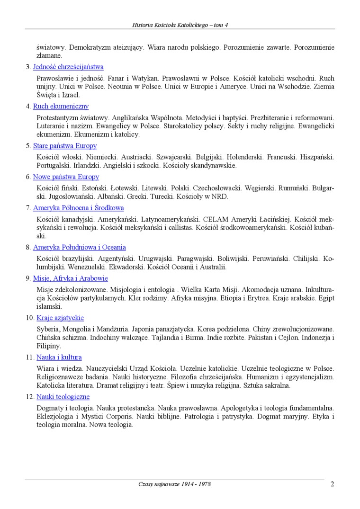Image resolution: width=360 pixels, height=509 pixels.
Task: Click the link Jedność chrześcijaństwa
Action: (x=68, y=67)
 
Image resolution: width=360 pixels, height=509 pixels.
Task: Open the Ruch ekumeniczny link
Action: (x=61, y=107)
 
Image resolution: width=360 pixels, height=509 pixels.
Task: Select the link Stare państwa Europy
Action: (x=65, y=146)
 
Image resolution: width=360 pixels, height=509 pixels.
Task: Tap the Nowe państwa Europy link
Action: (x=66, y=177)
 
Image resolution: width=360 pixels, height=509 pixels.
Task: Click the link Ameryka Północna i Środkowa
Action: (x=79, y=208)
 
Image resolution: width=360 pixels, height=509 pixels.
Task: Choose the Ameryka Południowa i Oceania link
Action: (x=80, y=247)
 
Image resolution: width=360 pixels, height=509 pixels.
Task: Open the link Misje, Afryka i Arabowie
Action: (x=71, y=278)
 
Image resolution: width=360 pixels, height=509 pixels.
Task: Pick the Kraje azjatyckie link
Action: (x=60, y=318)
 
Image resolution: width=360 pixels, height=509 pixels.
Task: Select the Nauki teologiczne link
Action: (x=63, y=397)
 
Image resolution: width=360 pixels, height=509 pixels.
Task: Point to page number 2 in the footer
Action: (x=333, y=484)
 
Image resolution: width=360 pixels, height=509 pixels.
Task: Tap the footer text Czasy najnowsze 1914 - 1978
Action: (x=175, y=484)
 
